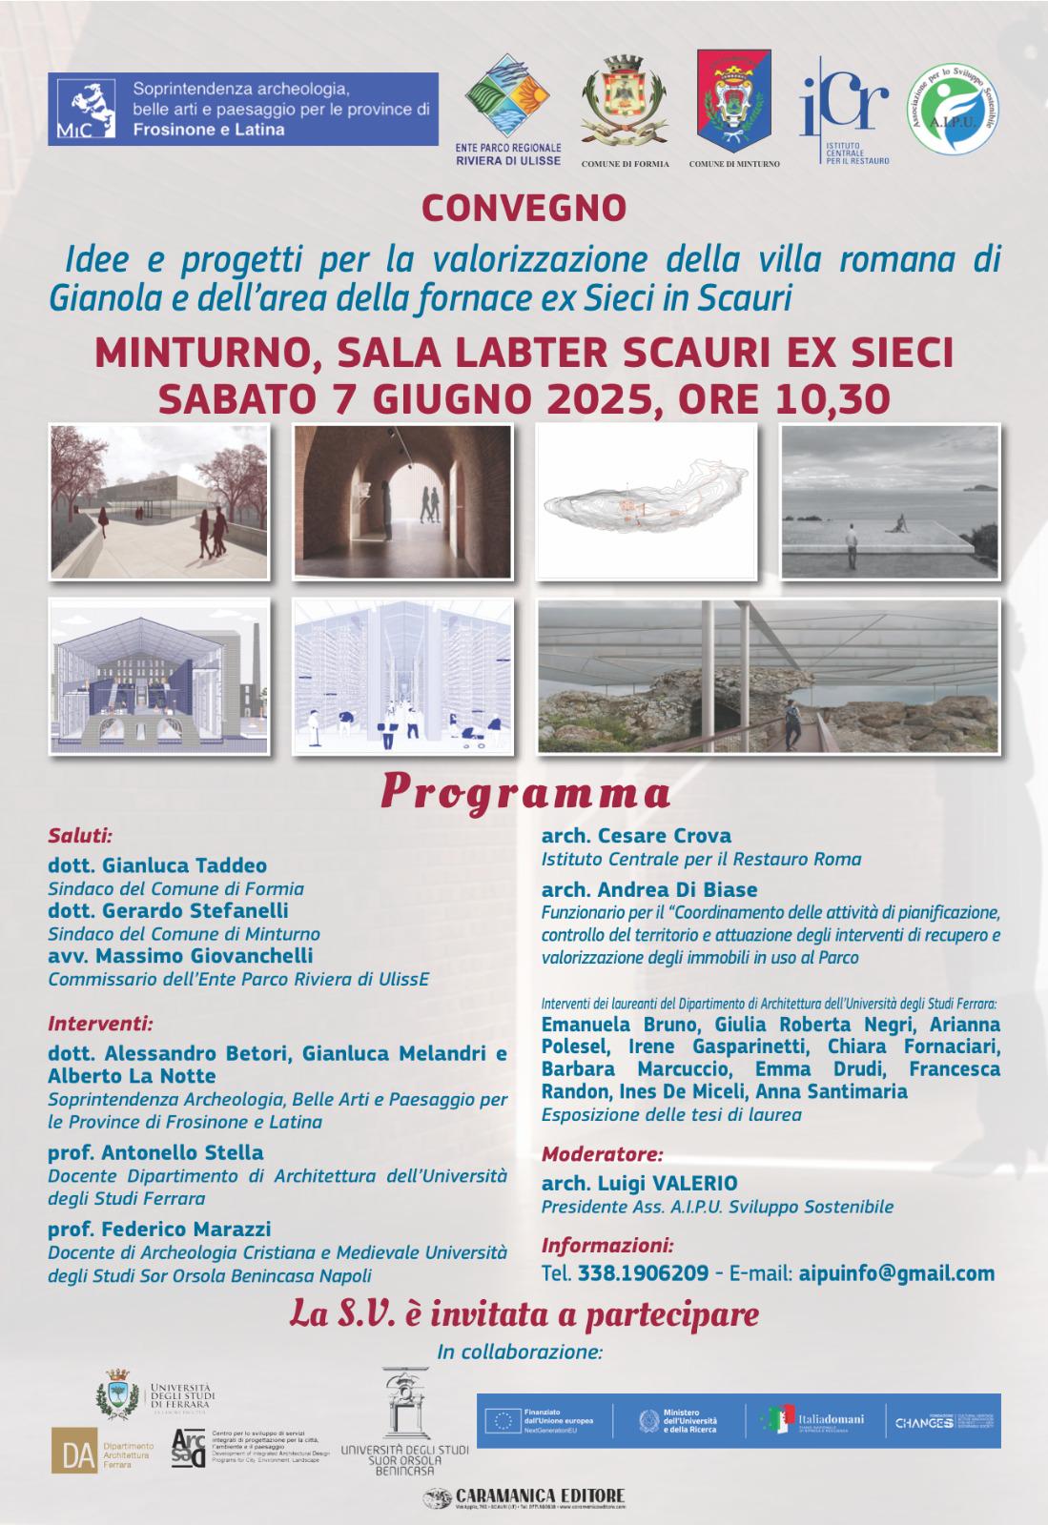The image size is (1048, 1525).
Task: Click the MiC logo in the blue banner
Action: [x=84, y=109]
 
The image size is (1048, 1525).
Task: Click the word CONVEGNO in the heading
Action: [x=524, y=207]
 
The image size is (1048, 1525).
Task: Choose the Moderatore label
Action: [x=602, y=1154]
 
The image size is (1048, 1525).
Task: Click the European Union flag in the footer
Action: [x=506, y=1421]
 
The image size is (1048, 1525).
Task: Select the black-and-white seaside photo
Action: [x=889, y=502]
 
